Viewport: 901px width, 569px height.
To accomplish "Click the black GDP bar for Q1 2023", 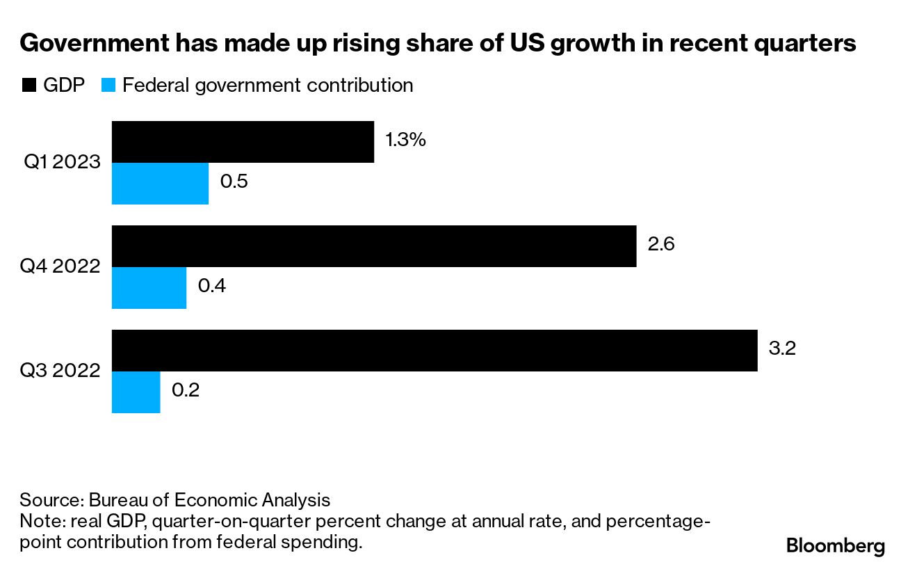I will [243, 142].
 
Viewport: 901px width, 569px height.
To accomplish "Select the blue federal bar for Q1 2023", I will [160, 184].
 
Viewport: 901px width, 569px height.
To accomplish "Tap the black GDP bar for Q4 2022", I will [374, 246].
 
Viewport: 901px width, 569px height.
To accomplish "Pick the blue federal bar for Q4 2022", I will [149, 288].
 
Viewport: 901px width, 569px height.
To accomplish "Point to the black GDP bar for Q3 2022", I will [435, 351].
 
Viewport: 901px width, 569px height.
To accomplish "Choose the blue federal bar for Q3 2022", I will [136, 392].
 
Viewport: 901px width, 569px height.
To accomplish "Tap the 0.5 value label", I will [234, 182].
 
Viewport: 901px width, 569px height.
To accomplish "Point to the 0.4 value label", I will [212, 287].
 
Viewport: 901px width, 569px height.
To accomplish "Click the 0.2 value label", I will [186, 391].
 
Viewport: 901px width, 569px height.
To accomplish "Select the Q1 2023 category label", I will [63, 163].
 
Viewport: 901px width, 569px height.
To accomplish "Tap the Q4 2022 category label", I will [61, 267].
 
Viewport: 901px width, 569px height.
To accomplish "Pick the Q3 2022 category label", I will [61, 371].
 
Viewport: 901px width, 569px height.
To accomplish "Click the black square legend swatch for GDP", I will [29, 86].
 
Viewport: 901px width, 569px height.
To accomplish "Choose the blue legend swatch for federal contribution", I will [108, 86].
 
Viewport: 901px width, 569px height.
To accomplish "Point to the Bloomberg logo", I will [836, 546].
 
